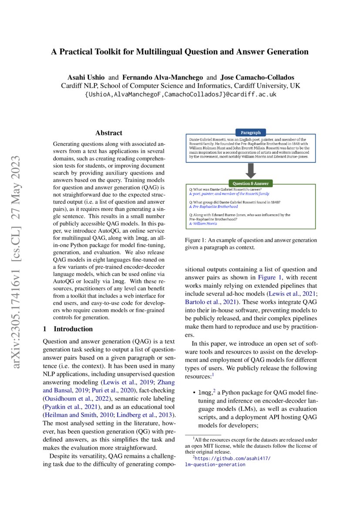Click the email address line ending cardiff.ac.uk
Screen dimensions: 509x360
(x=180, y=94)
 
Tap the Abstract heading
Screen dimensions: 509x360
(x=109, y=133)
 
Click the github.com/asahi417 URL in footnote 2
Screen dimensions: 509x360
(x=233, y=458)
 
